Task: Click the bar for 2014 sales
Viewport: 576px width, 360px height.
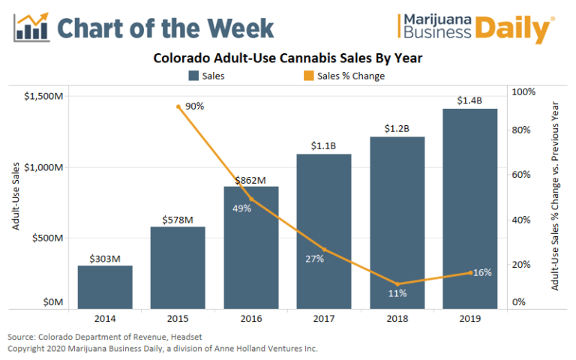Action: pyautogui.click(x=105, y=286)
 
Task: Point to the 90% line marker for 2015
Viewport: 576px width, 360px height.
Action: pyautogui.click(x=178, y=106)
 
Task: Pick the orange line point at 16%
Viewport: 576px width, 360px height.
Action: pyautogui.click(x=470, y=273)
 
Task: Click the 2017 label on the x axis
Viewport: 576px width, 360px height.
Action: pyautogui.click(x=324, y=319)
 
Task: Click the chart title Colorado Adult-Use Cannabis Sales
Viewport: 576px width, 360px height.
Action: pyautogui.click(x=288, y=58)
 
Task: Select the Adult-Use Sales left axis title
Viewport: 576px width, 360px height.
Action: pyautogui.click(x=16, y=199)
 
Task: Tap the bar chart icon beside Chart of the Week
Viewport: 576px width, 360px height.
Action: pyautogui.click(x=31, y=25)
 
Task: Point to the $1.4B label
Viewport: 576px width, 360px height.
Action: pyautogui.click(x=470, y=100)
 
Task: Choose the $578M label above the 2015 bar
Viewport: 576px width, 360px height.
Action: pyautogui.click(x=178, y=220)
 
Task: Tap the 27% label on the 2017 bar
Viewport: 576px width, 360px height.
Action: pyautogui.click(x=314, y=259)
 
